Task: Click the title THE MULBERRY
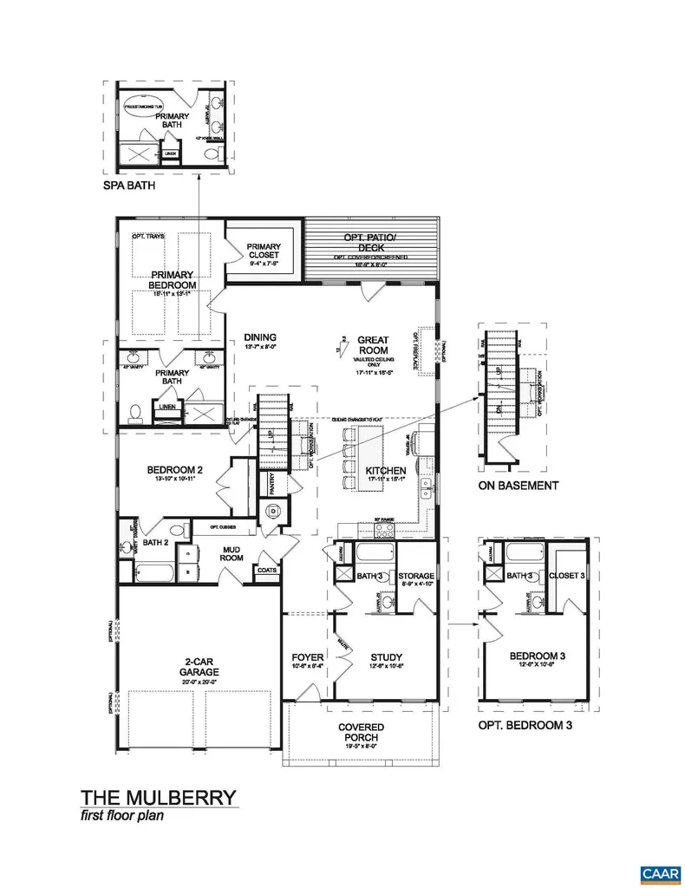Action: (158, 797)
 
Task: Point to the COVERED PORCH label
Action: (362, 732)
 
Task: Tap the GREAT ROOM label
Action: (373, 345)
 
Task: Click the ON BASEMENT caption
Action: (519, 486)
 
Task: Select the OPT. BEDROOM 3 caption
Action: (525, 724)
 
